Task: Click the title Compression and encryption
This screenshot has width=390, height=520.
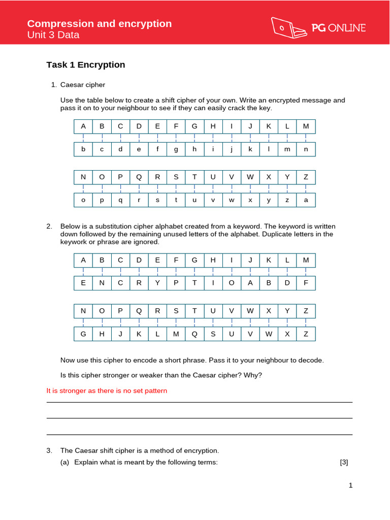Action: [x=99, y=24]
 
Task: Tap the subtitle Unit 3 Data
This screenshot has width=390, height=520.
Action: [x=53, y=35]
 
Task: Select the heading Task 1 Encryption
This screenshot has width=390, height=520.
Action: [x=85, y=64]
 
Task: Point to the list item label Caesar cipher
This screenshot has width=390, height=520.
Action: [x=83, y=84]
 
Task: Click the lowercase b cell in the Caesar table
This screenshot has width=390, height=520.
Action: [x=83, y=149]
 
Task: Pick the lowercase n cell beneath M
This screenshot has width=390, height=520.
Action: [x=306, y=149]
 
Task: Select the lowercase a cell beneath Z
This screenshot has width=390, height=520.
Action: [x=306, y=200]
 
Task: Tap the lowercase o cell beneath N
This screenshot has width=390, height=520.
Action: [x=83, y=200]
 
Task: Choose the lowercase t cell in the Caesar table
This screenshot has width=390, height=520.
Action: [x=176, y=200]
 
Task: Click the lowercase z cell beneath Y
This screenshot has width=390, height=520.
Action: [x=287, y=200]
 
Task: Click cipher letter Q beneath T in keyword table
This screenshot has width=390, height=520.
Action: [x=194, y=334]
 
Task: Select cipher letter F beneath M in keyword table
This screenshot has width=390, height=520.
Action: [x=306, y=283]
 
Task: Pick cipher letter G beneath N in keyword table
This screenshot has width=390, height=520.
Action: [x=83, y=334]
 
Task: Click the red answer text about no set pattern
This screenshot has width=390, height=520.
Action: [x=107, y=391]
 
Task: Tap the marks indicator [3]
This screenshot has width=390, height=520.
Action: [x=344, y=462]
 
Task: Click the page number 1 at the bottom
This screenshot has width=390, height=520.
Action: [x=350, y=485]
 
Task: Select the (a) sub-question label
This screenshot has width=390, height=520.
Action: [x=66, y=462]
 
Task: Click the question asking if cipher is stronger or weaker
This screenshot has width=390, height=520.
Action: [x=161, y=375]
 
